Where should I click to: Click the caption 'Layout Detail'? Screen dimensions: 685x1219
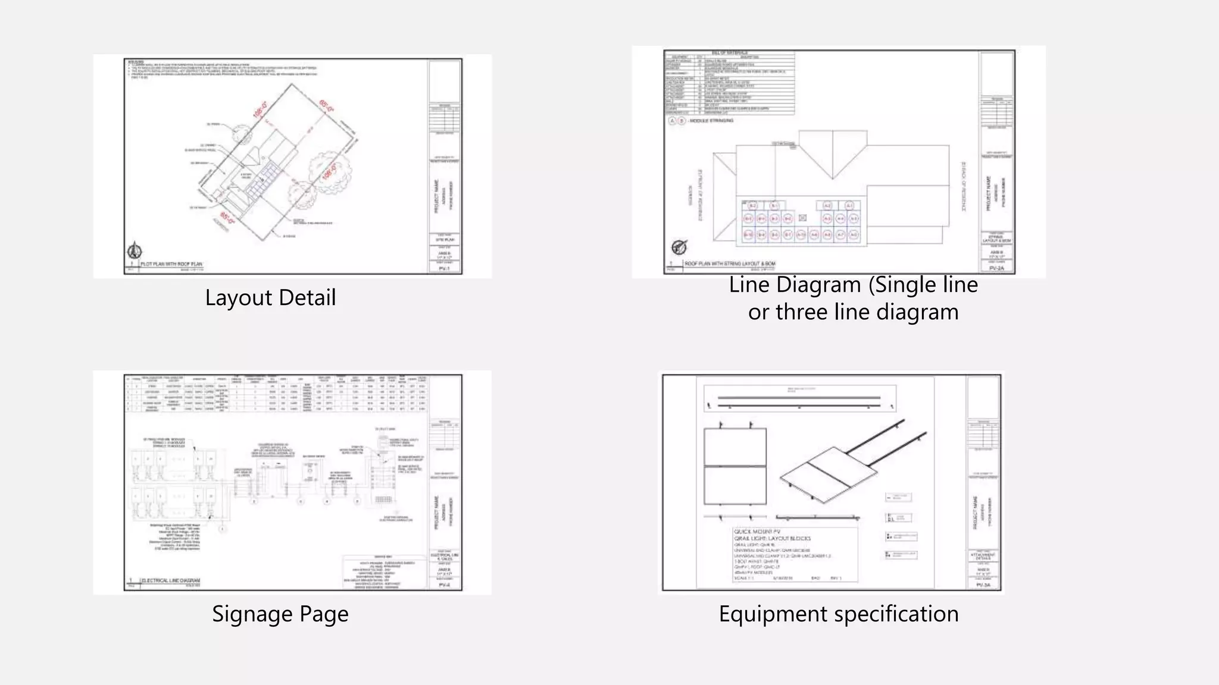tap(270, 298)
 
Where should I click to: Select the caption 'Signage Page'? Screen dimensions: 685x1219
tap(280, 614)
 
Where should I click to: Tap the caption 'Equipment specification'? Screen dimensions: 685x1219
tap(838, 614)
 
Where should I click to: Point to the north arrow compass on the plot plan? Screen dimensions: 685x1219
tap(135, 250)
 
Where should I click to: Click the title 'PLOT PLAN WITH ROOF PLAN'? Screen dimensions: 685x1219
tap(172, 264)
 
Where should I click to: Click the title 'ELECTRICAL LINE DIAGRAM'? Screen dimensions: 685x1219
tap(171, 580)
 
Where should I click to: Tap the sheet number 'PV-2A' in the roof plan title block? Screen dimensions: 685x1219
tap(996, 269)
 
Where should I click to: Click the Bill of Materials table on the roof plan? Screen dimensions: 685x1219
tap(730, 83)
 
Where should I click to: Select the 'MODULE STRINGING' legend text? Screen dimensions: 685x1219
tap(711, 121)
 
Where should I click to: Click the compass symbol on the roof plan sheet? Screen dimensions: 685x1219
tap(679, 247)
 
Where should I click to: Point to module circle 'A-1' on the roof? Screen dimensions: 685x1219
tap(849, 206)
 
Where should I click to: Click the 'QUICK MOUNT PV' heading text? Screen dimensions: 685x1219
tap(757, 532)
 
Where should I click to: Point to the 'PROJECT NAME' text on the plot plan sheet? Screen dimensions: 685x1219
tap(436, 196)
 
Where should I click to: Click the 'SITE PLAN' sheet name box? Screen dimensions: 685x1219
tap(445, 240)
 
